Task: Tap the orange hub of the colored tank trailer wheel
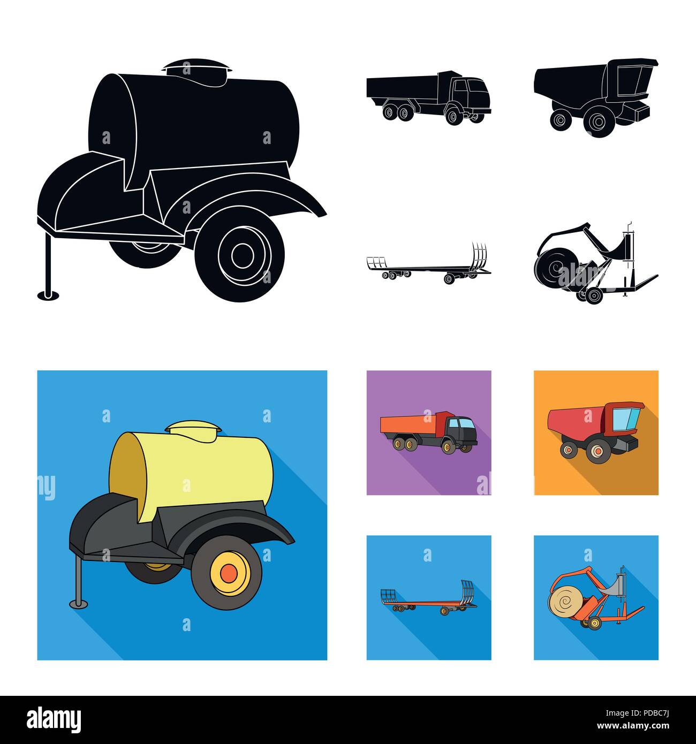tap(229, 574)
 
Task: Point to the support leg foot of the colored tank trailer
tap(78, 604)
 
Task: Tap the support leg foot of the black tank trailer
tap(47, 293)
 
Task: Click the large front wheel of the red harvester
tap(595, 451)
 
